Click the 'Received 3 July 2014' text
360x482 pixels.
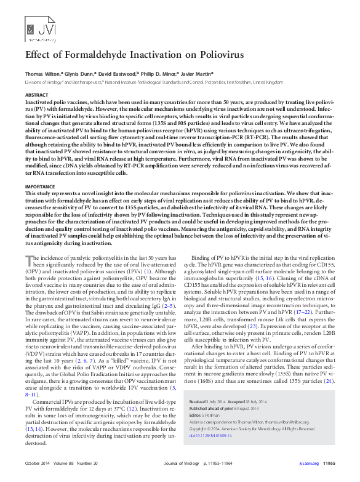214,401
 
